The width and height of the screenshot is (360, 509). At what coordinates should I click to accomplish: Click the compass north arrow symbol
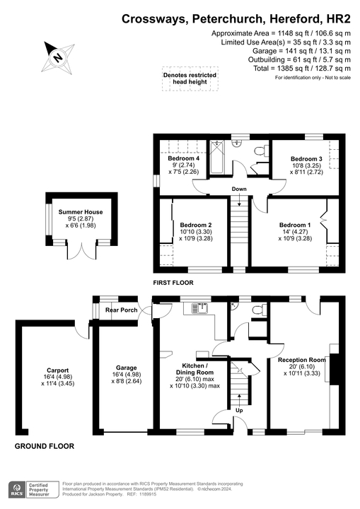pyautogui.click(x=59, y=56)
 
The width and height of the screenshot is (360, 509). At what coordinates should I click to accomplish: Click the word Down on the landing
pyautogui.click(x=239, y=189)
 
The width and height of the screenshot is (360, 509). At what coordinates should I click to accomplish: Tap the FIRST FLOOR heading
pyautogui.click(x=173, y=283)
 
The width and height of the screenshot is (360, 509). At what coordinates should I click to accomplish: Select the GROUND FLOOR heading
pyautogui.click(x=45, y=446)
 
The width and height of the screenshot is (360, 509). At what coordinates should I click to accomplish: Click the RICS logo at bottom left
pyautogui.click(x=14, y=490)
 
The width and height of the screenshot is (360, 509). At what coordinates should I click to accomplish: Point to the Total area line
pyautogui.click(x=303, y=69)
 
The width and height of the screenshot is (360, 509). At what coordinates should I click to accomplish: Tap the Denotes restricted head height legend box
pyautogui.click(x=190, y=78)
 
